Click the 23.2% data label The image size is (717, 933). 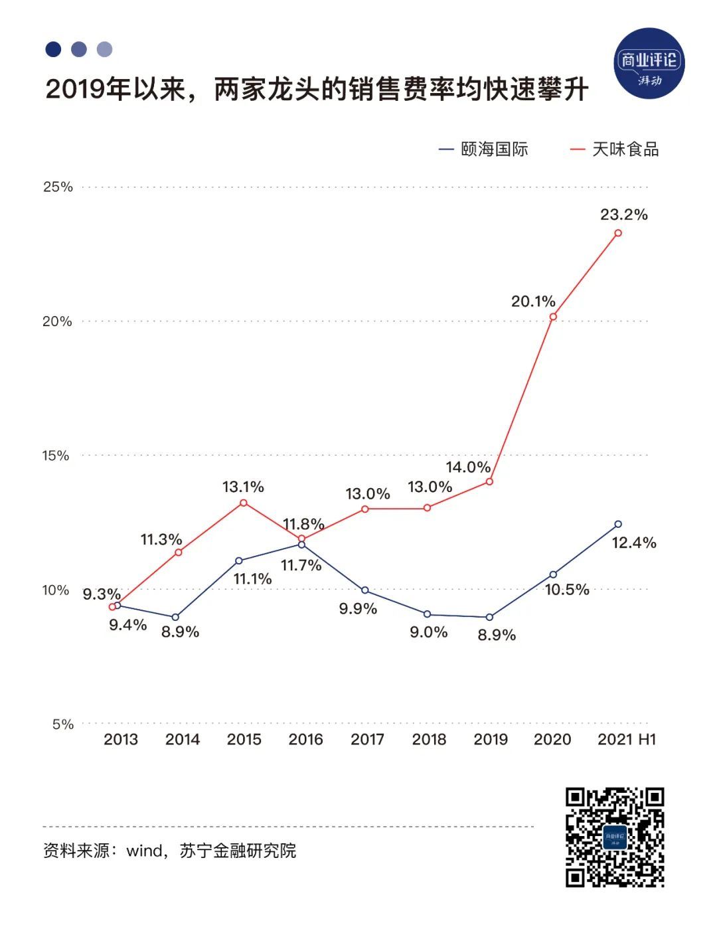tap(623, 214)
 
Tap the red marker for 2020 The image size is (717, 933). tap(553, 317)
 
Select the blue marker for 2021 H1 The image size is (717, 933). tap(618, 524)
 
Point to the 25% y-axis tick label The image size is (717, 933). tap(58, 187)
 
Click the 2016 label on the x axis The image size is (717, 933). tap(305, 739)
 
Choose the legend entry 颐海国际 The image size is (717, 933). tap(483, 149)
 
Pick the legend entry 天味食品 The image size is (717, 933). tap(615, 149)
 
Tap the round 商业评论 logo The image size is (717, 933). tap(649, 64)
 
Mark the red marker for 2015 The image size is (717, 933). tap(243, 503)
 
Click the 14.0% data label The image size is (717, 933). tap(467, 467)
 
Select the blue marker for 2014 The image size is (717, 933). tap(175, 618)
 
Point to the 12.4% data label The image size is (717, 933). tap(634, 543)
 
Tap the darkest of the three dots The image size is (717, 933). tap(53, 49)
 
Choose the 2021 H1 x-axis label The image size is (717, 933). tap(627, 739)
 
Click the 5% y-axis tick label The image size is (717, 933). tap(62, 724)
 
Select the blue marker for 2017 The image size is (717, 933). tap(364, 590)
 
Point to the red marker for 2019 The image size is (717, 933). tap(489, 481)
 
